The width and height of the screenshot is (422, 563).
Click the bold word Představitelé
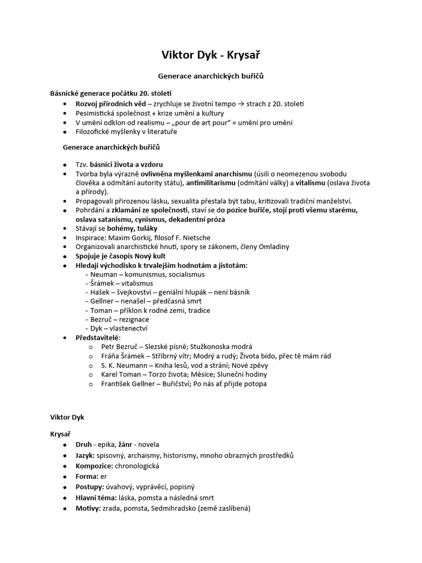click(97, 337)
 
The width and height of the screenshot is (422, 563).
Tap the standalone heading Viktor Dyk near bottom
click(68, 417)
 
